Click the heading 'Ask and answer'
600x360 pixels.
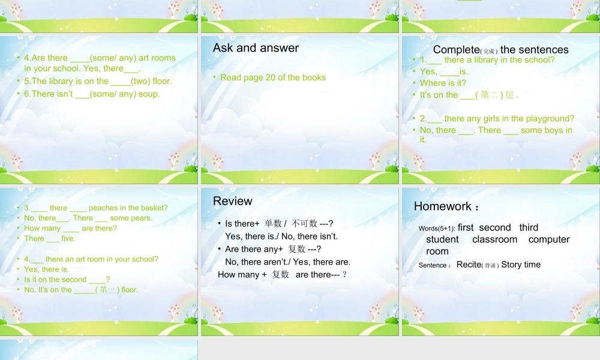(x=256, y=48)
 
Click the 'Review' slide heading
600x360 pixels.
(x=233, y=201)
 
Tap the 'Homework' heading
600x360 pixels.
(x=443, y=206)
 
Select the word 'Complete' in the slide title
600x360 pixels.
(x=455, y=50)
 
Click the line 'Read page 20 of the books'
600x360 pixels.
(x=273, y=77)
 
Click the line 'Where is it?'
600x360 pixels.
(x=443, y=83)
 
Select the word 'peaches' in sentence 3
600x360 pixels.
(x=105, y=208)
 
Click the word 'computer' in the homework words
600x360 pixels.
(x=549, y=239)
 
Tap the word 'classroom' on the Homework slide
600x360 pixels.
(x=494, y=239)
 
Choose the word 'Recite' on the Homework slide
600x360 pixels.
(x=469, y=265)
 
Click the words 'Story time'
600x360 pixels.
(x=521, y=265)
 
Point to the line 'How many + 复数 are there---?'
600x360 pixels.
(x=283, y=275)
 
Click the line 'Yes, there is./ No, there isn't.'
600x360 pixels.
(x=281, y=236)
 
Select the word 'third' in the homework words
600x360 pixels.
(x=529, y=227)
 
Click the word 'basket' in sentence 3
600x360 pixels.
(x=152, y=208)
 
